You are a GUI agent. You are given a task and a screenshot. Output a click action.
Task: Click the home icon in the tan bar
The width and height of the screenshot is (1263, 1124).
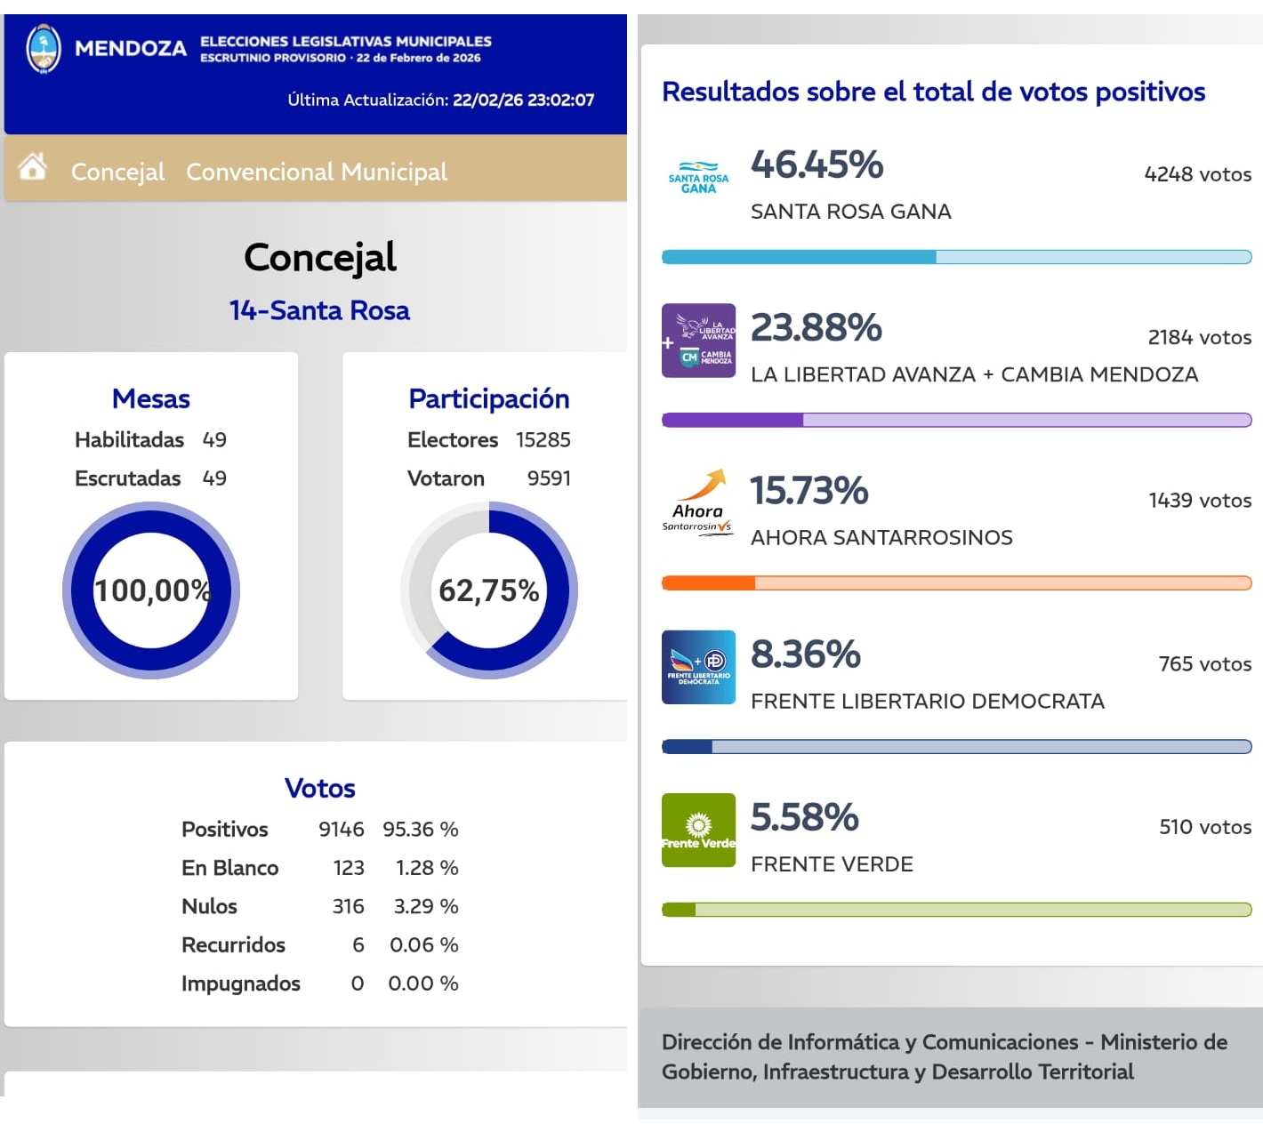[33, 166]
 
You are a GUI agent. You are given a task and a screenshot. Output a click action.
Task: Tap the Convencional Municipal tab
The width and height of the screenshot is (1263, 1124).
[317, 172]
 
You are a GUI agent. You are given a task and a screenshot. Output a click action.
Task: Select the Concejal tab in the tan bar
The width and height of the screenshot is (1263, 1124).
[117, 172]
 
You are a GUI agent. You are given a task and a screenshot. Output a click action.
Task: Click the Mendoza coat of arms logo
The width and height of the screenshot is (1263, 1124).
[44, 49]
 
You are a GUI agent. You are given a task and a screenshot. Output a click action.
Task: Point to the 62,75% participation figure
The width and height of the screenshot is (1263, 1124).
[488, 590]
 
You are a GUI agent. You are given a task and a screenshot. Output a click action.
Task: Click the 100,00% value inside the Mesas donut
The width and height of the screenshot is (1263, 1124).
[151, 590]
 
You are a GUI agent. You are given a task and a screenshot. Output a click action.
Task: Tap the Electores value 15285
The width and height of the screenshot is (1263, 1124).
[543, 439]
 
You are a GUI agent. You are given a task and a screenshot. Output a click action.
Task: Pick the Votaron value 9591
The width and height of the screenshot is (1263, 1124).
[549, 478]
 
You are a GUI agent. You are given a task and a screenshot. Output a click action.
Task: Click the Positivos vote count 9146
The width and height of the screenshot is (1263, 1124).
[342, 830]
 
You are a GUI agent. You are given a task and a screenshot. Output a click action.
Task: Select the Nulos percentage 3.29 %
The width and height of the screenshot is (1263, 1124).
[426, 906]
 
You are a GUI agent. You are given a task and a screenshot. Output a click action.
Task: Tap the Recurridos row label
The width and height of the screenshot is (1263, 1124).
[233, 945]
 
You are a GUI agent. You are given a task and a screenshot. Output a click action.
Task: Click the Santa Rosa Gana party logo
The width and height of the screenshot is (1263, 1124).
[698, 178]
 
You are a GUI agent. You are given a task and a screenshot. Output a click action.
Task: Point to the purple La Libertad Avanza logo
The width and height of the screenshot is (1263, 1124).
[698, 341]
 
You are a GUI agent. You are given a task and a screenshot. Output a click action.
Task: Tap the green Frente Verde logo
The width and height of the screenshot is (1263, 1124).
[698, 830]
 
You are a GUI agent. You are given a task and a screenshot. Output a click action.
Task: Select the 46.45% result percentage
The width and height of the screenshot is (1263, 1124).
[817, 165]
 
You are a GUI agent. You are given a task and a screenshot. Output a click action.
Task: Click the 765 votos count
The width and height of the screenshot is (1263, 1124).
[1204, 664]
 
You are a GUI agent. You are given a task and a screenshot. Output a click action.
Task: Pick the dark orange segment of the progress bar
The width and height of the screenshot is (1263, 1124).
[709, 583]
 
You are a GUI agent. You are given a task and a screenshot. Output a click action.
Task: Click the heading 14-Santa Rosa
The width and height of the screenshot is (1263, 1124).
[319, 310]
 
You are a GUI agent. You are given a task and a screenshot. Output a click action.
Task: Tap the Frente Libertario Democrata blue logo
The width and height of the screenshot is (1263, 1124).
[698, 667]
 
